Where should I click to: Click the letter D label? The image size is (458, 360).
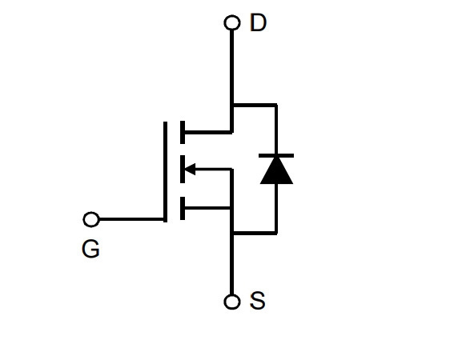tap(258, 22)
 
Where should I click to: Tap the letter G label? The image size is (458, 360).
tap(90, 249)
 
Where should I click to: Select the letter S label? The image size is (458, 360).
tap(258, 300)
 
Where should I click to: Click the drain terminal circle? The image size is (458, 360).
tap(232, 22)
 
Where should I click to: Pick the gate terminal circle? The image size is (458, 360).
tap(91, 219)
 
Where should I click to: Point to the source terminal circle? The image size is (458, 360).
tap(232, 302)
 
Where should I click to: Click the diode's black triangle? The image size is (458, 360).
tap(276, 170)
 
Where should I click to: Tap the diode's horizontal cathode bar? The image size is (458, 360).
tap(276, 156)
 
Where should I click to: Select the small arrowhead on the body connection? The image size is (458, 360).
tap(190, 169)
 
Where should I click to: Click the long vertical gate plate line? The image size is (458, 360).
tap(165, 172)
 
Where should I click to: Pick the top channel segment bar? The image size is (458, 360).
tap(183, 132)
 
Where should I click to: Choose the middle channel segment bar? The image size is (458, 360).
tap(183, 169)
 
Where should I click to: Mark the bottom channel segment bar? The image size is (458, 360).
tap(183, 208)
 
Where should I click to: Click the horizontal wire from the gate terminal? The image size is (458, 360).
tap(131, 219)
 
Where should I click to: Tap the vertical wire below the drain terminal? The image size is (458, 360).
tap(232, 81)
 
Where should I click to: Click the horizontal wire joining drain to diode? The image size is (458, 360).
tap(255, 105)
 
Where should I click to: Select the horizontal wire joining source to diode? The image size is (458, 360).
tap(255, 233)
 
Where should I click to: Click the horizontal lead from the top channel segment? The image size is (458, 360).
tap(208, 133)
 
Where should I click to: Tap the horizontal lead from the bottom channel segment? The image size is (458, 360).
tap(207, 208)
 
